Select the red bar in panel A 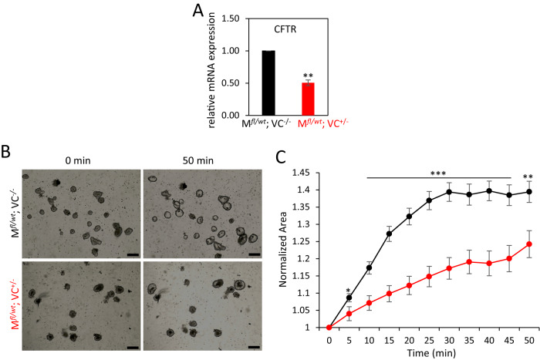click(x=309, y=99)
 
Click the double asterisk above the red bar click(x=309, y=76)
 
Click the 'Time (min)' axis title click(x=429, y=352)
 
